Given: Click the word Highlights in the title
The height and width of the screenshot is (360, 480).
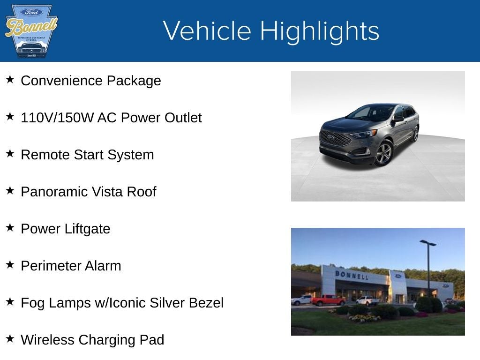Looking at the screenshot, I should pos(319,31).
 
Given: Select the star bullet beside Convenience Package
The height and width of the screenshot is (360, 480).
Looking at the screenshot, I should pos(10,79).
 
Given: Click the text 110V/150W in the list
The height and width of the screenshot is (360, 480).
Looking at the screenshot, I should pos(57,118).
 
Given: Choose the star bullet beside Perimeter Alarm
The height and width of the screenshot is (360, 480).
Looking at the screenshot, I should pos(10,264).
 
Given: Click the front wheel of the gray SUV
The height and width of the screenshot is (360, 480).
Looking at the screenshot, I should pos(384,154).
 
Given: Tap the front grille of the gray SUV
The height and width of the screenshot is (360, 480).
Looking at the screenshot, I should pos(335,138).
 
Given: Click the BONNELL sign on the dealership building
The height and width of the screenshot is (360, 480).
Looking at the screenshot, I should pos(352,275).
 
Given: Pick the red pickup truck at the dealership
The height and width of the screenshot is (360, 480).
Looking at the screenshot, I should pos(328,300).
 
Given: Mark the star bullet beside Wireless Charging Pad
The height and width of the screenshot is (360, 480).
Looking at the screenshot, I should pos(10,338).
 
